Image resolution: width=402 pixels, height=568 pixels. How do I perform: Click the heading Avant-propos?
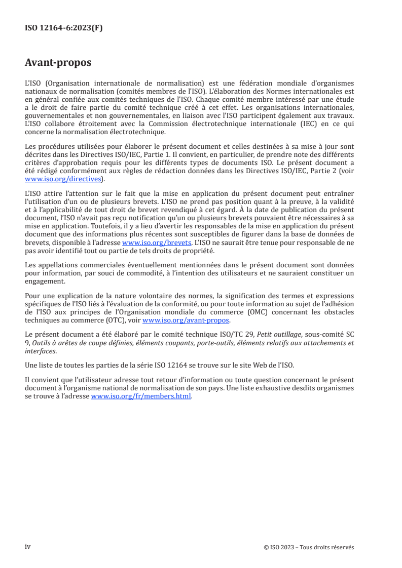(x=58, y=63)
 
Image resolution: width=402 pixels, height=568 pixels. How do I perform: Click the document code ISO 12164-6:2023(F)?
(x=63, y=28)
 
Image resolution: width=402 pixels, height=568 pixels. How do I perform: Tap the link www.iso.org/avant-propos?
(x=186, y=320)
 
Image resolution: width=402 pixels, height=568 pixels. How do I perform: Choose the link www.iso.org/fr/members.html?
(x=141, y=397)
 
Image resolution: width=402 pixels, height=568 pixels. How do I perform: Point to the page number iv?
(x=28, y=547)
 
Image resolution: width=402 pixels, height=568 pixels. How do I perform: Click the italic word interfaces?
(x=41, y=351)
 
